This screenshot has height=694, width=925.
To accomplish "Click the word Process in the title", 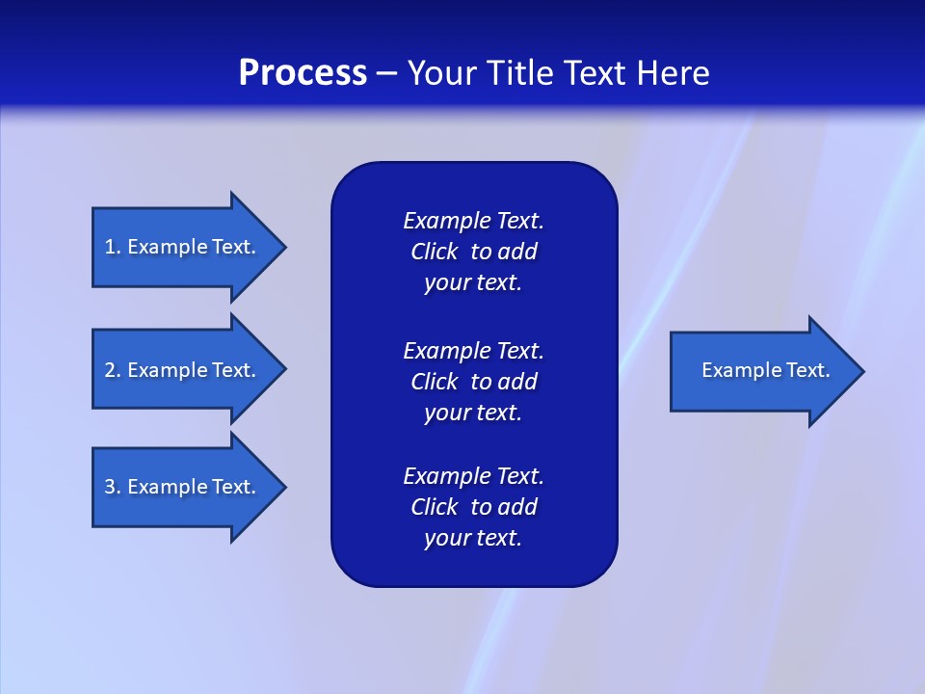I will (303, 73).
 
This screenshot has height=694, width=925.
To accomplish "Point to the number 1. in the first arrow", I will (112, 247).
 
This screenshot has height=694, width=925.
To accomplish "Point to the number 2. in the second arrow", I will (112, 370).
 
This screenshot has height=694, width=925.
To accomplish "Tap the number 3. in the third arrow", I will (112, 487).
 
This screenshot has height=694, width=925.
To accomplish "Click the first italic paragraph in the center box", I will (473, 252).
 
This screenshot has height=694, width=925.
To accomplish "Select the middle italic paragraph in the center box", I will (473, 382).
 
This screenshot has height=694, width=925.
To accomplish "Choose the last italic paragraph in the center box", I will (473, 507).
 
